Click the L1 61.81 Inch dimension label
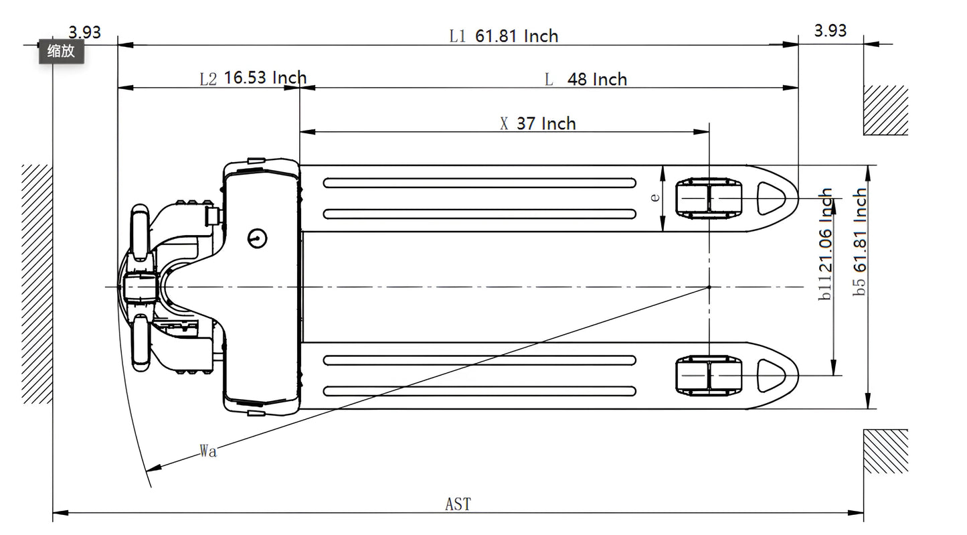pyautogui.click(x=503, y=35)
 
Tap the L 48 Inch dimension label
pyautogui.click(x=586, y=80)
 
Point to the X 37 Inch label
pyautogui.click(x=538, y=123)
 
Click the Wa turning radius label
pyautogui.click(x=208, y=451)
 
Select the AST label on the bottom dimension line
pyautogui.click(x=458, y=504)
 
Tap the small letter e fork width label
pyautogui.click(x=655, y=197)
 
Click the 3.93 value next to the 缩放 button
pyautogui.click(x=84, y=32)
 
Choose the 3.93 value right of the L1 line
pyautogui.click(x=830, y=30)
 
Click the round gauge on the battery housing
pyautogui.click(x=257, y=237)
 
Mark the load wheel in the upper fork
pyautogui.click(x=709, y=199)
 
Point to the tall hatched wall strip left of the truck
pyautogui.click(x=37, y=283)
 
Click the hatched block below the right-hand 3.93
pyautogui.click(x=885, y=110)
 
